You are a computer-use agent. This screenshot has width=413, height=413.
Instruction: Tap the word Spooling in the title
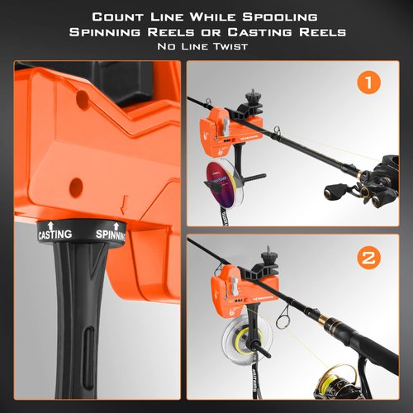(278, 17)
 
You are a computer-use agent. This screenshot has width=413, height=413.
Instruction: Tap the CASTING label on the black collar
(55, 235)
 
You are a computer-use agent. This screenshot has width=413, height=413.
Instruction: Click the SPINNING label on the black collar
(110, 235)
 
